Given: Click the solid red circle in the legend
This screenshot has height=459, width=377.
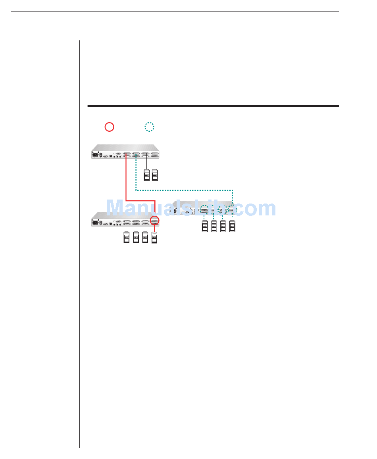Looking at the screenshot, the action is click(109, 127).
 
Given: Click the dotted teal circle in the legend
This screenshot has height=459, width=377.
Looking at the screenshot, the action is click(149, 127).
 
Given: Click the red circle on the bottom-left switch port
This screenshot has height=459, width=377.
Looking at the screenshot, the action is click(155, 221).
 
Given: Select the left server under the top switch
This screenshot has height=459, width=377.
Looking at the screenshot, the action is click(146, 175).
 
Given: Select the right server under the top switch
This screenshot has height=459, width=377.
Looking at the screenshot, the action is click(155, 175).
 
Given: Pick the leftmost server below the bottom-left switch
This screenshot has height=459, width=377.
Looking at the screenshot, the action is click(127, 237).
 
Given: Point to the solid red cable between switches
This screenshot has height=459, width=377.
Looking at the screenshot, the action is click(126, 182).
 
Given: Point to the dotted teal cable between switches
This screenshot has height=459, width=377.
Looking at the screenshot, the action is click(183, 191).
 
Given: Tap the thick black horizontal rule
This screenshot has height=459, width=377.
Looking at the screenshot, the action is click(213, 106).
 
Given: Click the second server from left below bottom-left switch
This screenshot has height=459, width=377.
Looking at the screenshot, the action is click(136, 237).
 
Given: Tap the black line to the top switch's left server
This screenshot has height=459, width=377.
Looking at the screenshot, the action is click(146, 164).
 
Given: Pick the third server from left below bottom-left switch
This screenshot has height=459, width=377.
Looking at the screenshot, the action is click(146, 237).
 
